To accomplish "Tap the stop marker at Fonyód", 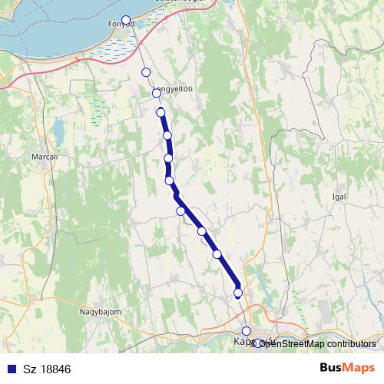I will [x=126, y=20].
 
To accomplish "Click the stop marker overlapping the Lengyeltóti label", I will [x=156, y=93].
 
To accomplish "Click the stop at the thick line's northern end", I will [x=161, y=112].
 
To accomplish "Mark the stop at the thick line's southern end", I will [x=238, y=293].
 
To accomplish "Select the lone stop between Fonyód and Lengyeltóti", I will [x=145, y=72].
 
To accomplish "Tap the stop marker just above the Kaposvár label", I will [x=246, y=331].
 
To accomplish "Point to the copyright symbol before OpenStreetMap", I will [x=254, y=343].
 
